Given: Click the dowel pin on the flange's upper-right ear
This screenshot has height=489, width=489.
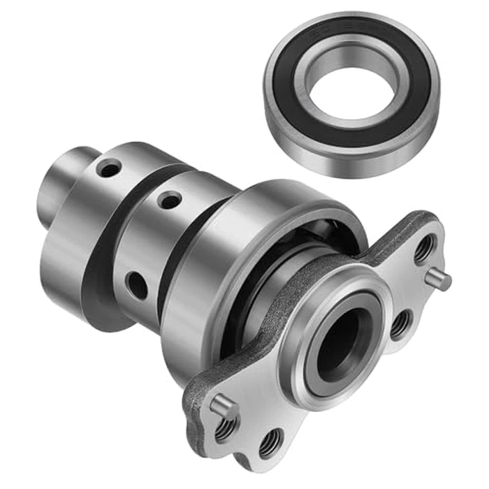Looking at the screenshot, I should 440,279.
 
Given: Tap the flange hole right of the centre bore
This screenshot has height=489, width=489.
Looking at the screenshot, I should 400,323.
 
